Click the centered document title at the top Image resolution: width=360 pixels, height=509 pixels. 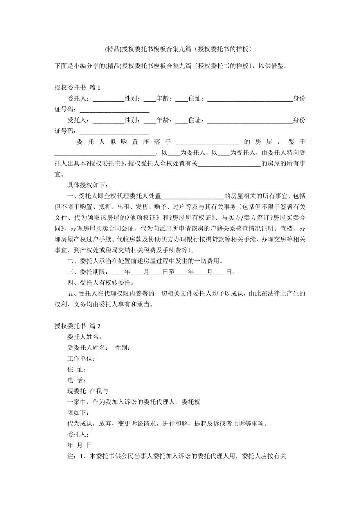coord(180,49)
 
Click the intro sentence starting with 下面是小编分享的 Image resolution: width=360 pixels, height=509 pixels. coord(172,66)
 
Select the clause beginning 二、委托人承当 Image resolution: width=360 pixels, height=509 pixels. coord(146,261)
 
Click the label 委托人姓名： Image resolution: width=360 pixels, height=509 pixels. coord(85,337)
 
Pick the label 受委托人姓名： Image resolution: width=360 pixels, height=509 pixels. coord(88,348)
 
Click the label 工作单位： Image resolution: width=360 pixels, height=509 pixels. coord(81,358)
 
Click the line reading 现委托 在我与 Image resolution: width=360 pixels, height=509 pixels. coord(88,391)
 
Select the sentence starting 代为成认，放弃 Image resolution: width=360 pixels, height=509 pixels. coord(167,423)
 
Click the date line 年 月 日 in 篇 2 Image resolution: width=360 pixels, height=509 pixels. coord(80,445)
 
